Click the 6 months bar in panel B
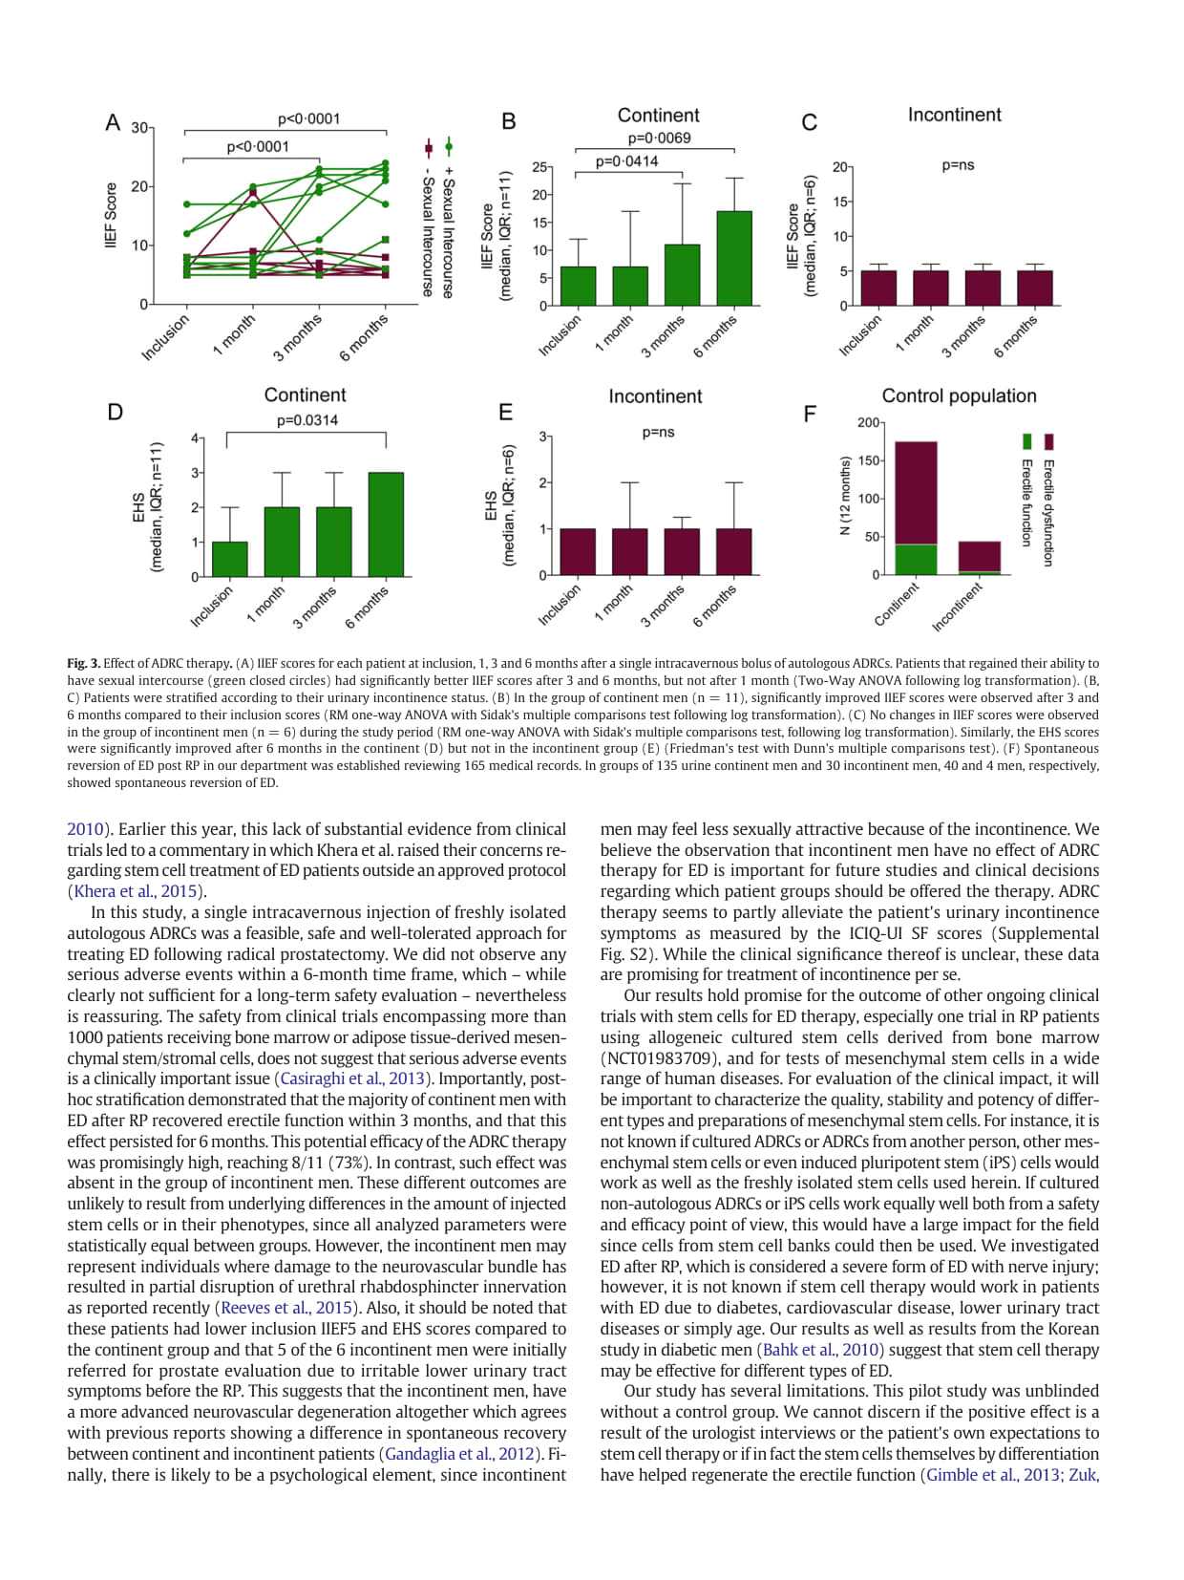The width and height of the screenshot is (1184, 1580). tap(734, 258)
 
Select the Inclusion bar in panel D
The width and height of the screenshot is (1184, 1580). tap(229, 559)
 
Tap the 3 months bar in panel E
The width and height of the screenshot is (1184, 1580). tap(682, 551)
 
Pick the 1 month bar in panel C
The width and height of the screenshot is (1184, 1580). tap(931, 288)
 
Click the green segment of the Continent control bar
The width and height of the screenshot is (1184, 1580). tap(916, 559)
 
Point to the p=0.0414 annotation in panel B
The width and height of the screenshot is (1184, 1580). tap(626, 161)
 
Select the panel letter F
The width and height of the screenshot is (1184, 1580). tap(810, 414)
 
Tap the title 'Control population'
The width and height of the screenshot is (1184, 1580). tap(959, 395)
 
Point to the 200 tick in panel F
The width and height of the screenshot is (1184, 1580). tap(868, 422)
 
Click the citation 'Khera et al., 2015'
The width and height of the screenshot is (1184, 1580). tap(135, 891)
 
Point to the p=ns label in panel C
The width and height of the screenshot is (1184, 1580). tap(958, 165)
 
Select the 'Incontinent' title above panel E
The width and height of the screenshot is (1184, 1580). tap(655, 395)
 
